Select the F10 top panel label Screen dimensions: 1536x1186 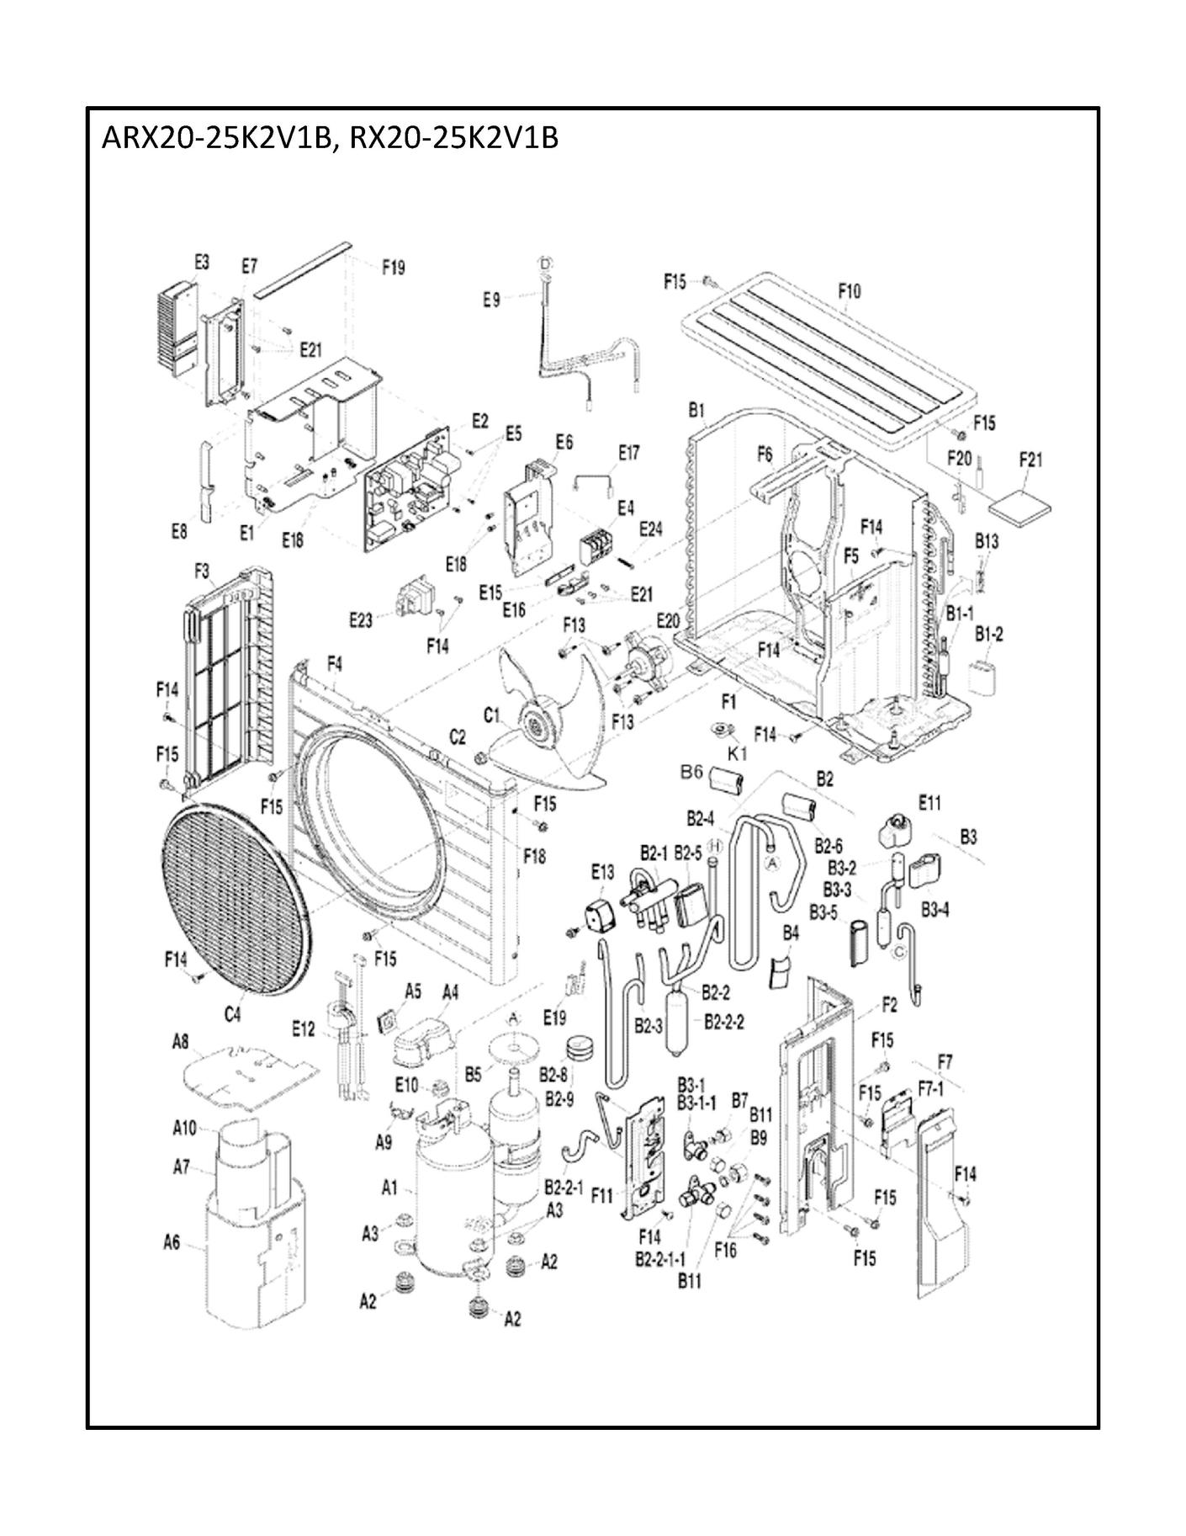[x=850, y=292]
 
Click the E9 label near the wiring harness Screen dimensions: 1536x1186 [x=491, y=298]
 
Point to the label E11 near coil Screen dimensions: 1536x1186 [x=929, y=803]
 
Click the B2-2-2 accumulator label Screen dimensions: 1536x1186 [x=723, y=1022]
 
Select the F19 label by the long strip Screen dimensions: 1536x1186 [x=393, y=268]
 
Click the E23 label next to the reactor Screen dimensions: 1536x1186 [x=361, y=621]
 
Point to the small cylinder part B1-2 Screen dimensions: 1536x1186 [x=982, y=678]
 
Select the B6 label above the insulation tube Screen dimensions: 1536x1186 [x=691, y=772]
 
